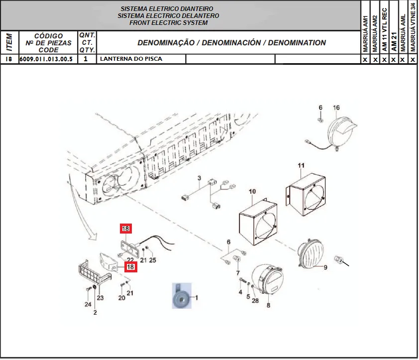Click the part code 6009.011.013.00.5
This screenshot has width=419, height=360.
click(x=46, y=59)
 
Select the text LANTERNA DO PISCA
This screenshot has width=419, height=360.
click(x=131, y=59)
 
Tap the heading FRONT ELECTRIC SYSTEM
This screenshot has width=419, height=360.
click(x=168, y=23)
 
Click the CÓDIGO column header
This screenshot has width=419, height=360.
click(x=48, y=36)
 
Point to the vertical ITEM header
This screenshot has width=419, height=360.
click(x=9, y=42)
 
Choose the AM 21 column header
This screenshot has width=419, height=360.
click(x=394, y=42)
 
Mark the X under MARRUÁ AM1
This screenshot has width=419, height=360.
click(x=365, y=59)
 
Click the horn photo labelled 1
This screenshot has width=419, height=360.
click(x=182, y=296)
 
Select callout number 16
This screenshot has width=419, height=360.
click(x=336, y=108)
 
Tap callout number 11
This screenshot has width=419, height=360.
click(x=301, y=165)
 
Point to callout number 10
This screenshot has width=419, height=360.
click(x=252, y=192)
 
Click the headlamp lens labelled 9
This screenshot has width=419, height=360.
click(x=311, y=253)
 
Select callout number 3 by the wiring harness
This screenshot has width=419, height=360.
click(x=199, y=178)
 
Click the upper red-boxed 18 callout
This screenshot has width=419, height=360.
click(x=125, y=229)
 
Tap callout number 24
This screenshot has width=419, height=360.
click(x=88, y=304)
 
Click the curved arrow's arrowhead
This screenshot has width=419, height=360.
click(x=93, y=237)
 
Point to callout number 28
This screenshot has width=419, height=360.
click(x=255, y=301)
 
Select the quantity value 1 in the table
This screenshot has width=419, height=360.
click(x=86, y=59)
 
